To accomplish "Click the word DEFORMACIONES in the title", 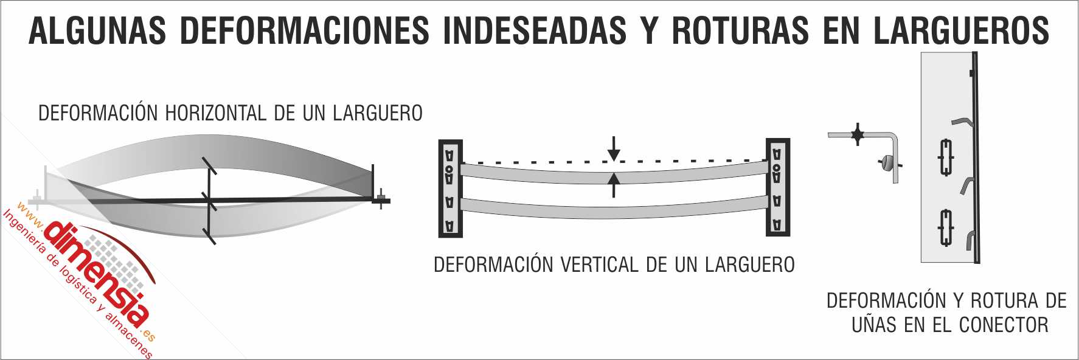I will click(305, 30).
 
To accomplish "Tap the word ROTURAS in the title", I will click(740, 30).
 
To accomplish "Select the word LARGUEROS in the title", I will click(961, 30).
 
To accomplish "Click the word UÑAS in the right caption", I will click(875, 325).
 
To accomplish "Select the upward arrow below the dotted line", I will click(614, 184).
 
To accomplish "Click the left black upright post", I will click(450, 189).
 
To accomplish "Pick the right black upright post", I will click(777, 187).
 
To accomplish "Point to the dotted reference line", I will click(547, 162).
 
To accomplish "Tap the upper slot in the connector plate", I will click(946, 157).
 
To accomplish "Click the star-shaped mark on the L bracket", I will click(858, 134).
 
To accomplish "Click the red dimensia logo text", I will click(97, 274).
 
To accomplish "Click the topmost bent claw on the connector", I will click(963, 120).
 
